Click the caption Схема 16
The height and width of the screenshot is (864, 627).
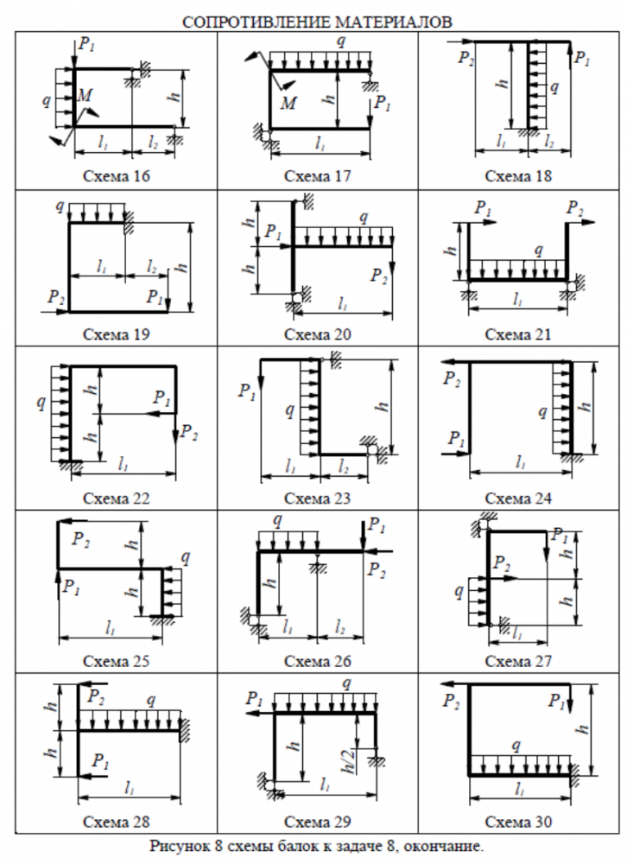[x=116, y=176]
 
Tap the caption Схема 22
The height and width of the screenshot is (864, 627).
[x=116, y=499]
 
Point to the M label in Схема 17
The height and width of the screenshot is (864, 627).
[x=290, y=104]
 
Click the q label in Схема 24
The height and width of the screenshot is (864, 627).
[x=542, y=413]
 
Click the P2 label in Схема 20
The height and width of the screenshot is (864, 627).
[x=379, y=276]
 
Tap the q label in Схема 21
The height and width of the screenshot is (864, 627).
[x=539, y=251]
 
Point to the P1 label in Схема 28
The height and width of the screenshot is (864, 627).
[x=101, y=762]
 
